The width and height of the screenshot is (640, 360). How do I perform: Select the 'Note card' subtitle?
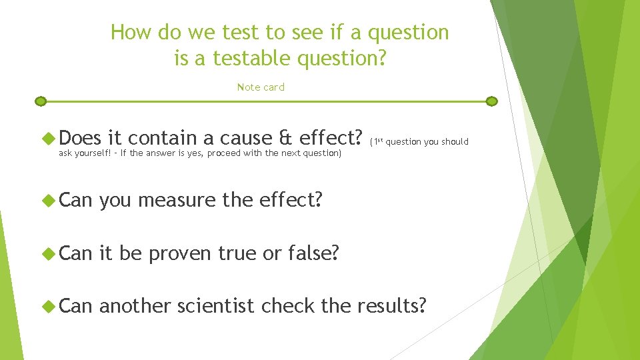(261, 87)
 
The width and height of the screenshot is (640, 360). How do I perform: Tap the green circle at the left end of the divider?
(41, 101)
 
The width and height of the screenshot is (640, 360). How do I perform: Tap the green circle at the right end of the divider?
(492, 101)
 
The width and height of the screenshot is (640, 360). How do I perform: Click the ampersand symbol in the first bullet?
(286, 138)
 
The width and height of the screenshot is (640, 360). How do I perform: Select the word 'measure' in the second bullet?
(177, 199)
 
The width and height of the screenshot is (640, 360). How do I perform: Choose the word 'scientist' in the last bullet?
(216, 306)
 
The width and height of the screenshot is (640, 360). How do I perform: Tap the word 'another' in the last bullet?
(135, 306)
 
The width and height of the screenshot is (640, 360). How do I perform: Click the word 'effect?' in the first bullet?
(331, 138)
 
